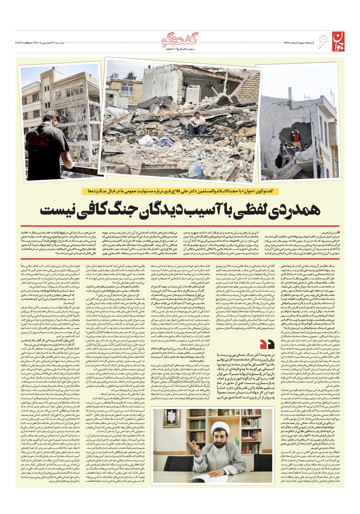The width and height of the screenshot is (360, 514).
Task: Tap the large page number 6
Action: pyautogui.click(x=321, y=42)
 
